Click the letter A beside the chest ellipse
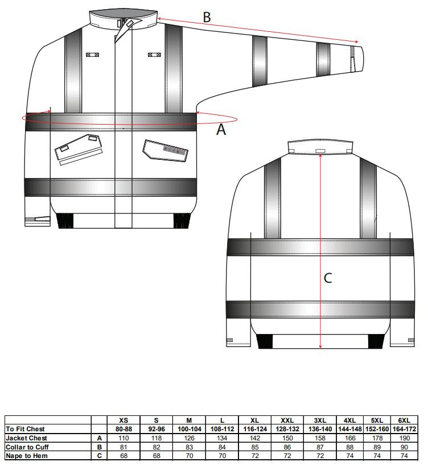coord(221,130)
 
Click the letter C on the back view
coord(327,278)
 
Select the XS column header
coord(124,420)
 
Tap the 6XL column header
coord(404,420)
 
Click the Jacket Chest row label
coord(26,438)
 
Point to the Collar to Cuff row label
coord(27,447)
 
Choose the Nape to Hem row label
coord(26,456)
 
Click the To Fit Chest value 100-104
coord(190,429)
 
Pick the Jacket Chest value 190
coord(404,438)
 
